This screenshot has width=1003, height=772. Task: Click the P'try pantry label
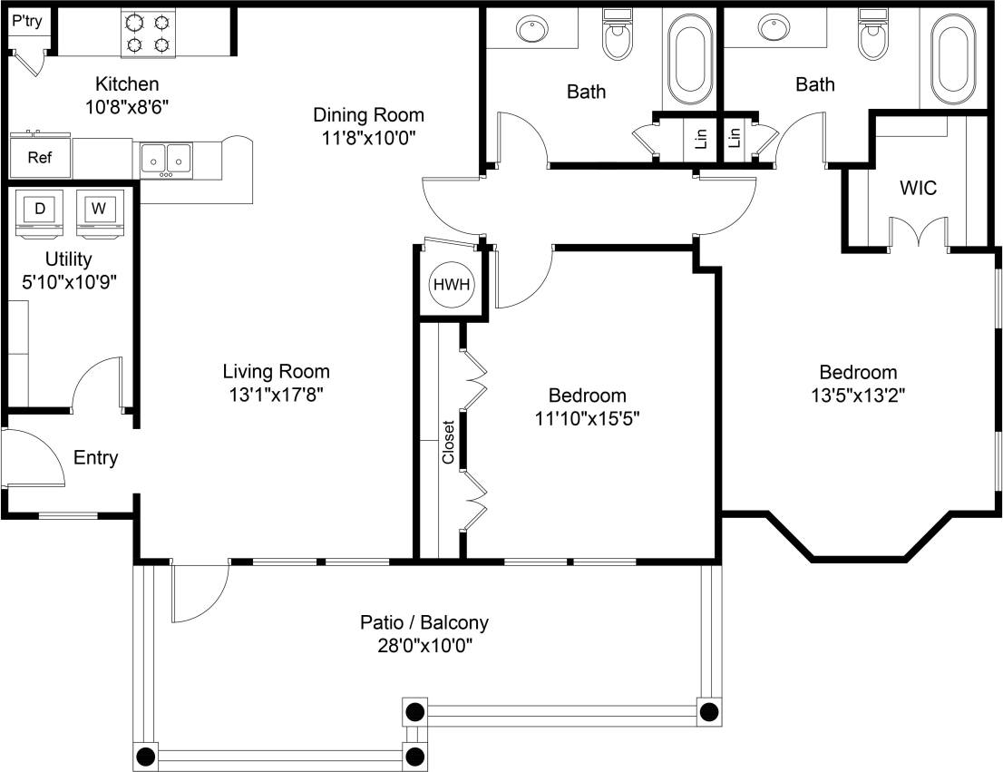pos(26,18)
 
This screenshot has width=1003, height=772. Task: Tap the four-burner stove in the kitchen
pos(149,33)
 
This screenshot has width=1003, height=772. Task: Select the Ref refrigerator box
pos(40,158)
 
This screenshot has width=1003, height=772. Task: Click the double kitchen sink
pos(166,159)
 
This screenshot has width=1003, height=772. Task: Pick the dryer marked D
pos(40,211)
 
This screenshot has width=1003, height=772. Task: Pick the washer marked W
pos(98,211)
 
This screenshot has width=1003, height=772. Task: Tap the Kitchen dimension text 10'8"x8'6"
pos(128,105)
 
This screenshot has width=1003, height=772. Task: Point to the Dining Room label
pos(368,115)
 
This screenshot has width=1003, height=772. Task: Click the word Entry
pos(96,458)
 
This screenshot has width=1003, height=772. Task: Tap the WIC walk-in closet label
pos(918,189)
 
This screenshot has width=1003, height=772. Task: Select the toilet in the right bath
pos(872,34)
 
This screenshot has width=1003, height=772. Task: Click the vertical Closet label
pos(448,443)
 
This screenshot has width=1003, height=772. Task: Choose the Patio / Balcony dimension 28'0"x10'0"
pos(424,646)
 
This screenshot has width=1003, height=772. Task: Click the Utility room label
pos(69,259)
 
